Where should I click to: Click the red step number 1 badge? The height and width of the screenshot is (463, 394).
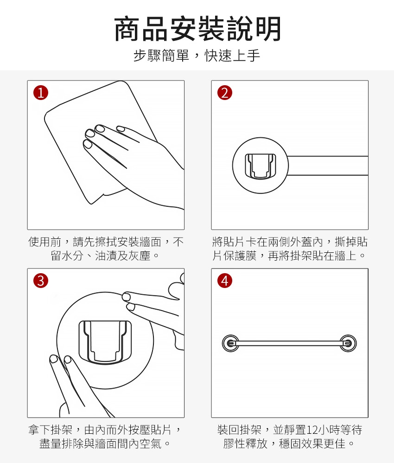pos(41,93)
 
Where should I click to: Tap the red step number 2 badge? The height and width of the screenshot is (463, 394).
pos(225,93)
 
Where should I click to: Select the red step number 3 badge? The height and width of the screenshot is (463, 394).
pos(41,281)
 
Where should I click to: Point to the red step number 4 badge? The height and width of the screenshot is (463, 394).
pos(225,281)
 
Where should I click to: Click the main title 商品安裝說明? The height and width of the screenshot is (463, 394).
pos(197,29)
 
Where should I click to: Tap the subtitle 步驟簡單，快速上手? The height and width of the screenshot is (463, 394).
pos(197,56)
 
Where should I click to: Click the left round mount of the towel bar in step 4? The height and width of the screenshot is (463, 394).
pos(230,343)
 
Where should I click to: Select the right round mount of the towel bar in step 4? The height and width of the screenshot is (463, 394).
pos(348,343)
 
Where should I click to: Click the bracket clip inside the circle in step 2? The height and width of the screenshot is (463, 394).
pos(261,166)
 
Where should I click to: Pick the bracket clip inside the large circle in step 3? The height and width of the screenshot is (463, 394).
pos(105,342)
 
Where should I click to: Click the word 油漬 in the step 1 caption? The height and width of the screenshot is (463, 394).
pos(106,256)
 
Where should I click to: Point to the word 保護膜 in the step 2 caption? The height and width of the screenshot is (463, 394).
pos(240,256)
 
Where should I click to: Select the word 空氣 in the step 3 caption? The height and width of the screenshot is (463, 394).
pos(151,444)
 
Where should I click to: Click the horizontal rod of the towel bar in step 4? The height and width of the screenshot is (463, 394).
pos(290,343)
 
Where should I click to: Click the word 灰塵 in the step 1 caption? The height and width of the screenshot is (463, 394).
pos(140,256)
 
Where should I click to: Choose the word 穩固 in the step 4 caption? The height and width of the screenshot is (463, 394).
pos(290,444)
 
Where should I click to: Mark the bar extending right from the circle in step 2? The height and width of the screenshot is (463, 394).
pos(328,166)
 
